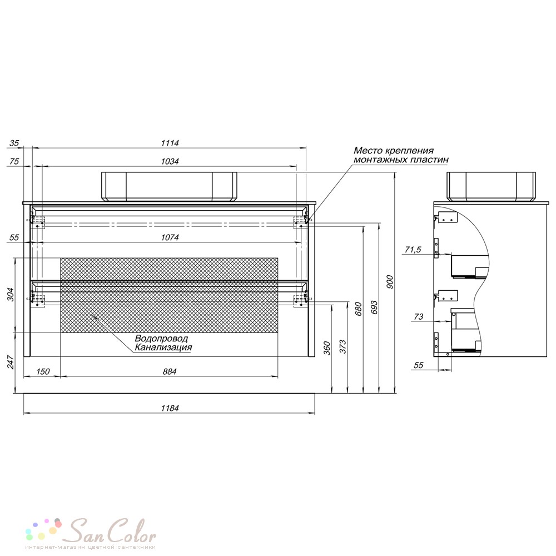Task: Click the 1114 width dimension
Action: [170, 143]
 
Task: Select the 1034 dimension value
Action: [170, 161]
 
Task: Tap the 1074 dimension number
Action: [170, 237]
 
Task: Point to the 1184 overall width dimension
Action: [170, 408]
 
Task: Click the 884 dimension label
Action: [170, 371]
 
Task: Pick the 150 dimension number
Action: [43, 371]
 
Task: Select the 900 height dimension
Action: [390, 282]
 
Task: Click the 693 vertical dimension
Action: [374, 308]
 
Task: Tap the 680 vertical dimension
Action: [358, 309]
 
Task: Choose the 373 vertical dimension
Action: [342, 346]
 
